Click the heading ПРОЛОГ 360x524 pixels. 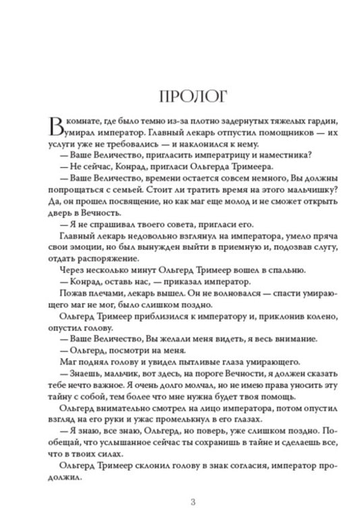point(180,95)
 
